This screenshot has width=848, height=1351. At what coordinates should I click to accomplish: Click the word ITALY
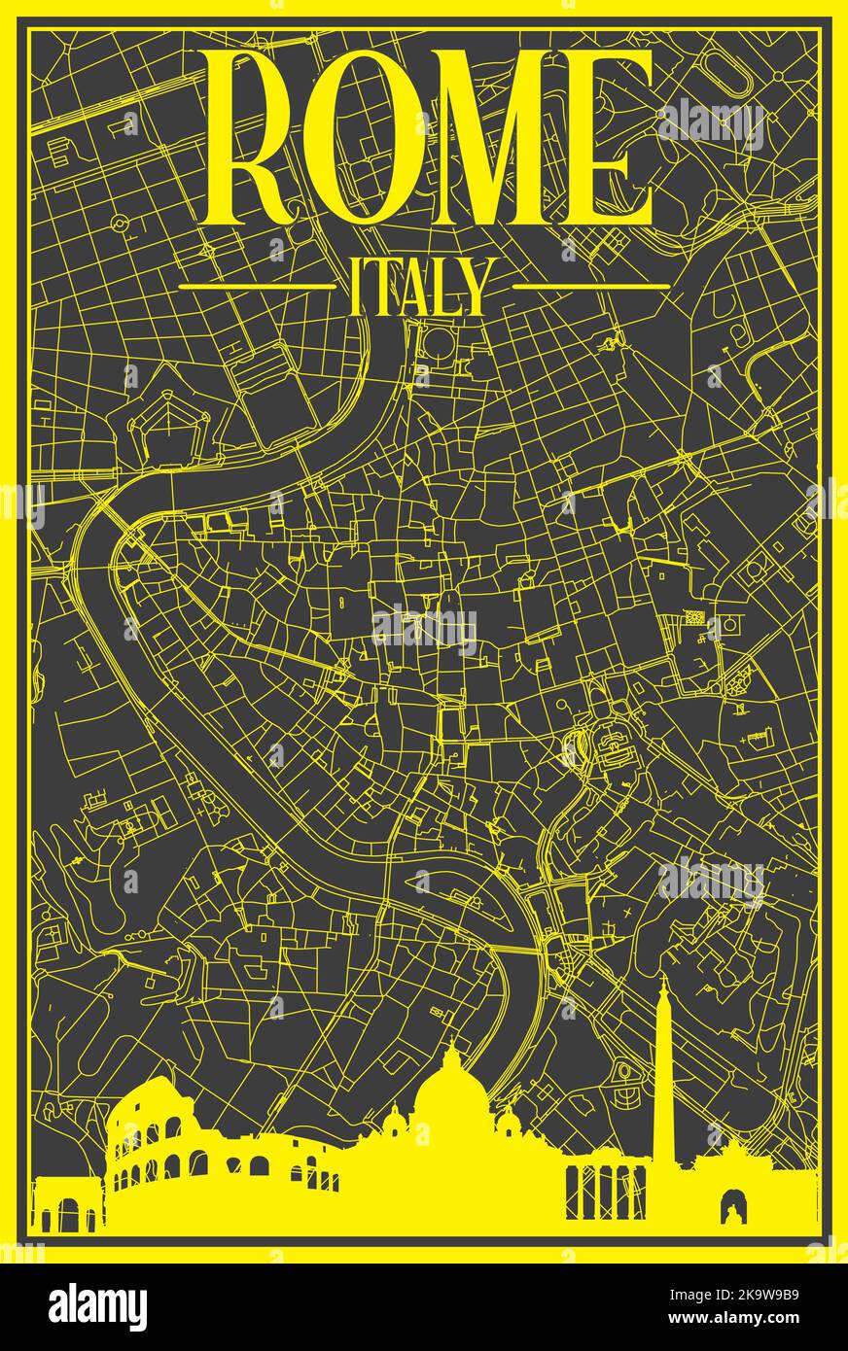click(419, 287)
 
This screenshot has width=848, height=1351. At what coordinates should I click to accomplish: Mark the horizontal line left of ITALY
click(257, 287)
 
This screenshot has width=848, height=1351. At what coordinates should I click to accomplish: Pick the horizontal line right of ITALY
click(590, 287)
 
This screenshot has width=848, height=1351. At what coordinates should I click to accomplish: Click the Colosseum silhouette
click(156, 1147)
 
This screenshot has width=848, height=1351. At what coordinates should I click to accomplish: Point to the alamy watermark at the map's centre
click(425, 627)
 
